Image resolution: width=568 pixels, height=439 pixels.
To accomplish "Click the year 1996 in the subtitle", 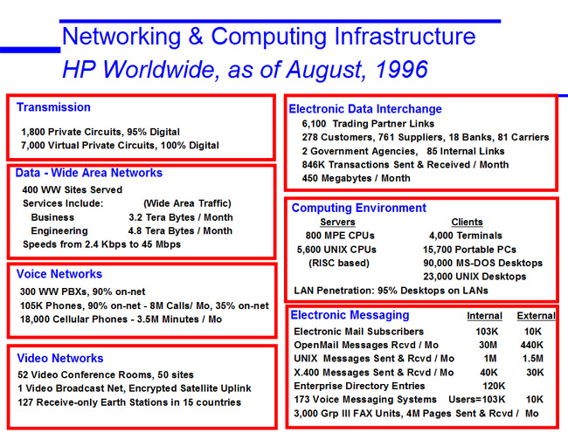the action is pyautogui.click(x=401, y=70).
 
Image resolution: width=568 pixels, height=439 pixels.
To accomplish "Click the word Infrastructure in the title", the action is pyautogui.click(x=405, y=37).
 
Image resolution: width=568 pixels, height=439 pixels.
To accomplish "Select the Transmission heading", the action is pyautogui.click(x=53, y=107).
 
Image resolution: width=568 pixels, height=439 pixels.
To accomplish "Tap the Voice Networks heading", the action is pyautogui.click(x=59, y=274).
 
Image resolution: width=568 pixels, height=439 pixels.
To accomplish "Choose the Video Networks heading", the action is pyautogui.click(x=60, y=359).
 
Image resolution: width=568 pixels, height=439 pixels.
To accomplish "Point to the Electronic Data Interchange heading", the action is pyautogui.click(x=365, y=109).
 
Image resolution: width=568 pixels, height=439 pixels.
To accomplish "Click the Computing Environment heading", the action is pyautogui.click(x=359, y=208).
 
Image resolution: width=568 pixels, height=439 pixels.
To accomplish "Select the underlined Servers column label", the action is pyautogui.click(x=337, y=223).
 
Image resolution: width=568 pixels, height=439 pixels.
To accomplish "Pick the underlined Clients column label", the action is pyautogui.click(x=467, y=223).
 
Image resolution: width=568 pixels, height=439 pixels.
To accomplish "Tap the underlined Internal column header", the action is pyautogui.click(x=485, y=316).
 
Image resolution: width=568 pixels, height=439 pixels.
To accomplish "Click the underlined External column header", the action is pyautogui.click(x=537, y=316).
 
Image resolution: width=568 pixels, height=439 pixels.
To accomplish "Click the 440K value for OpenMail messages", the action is pyautogui.click(x=532, y=345).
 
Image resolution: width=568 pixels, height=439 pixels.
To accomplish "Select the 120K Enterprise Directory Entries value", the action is pyautogui.click(x=494, y=386).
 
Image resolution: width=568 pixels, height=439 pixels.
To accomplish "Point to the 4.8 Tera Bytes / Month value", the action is pyautogui.click(x=180, y=231).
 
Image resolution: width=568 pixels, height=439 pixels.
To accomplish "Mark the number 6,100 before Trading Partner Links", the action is pyautogui.click(x=314, y=124).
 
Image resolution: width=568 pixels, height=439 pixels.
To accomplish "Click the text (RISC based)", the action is pyautogui.click(x=339, y=263).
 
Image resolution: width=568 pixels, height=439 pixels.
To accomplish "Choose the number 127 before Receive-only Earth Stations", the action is pyautogui.click(x=25, y=402).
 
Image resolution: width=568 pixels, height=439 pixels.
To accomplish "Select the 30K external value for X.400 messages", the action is pyautogui.click(x=535, y=373).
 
